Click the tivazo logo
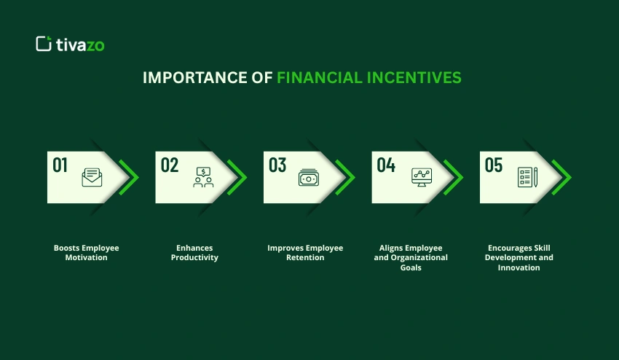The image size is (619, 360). [x=70, y=44]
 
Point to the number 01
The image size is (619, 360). [x=60, y=165]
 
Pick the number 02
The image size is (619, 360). [x=169, y=165]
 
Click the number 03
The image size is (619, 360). [x=277, y=165]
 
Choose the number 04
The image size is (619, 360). [x=385, y=165]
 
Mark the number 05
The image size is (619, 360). [x=494, y=165]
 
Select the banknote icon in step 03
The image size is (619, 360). [x=309, y=178]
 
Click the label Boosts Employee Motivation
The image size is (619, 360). [x=86, y=253]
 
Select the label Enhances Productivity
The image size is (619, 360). [x=194, y=253]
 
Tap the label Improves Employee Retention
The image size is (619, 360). [x=305, y=253]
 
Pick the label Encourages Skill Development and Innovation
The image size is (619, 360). [x=519, y=257]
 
